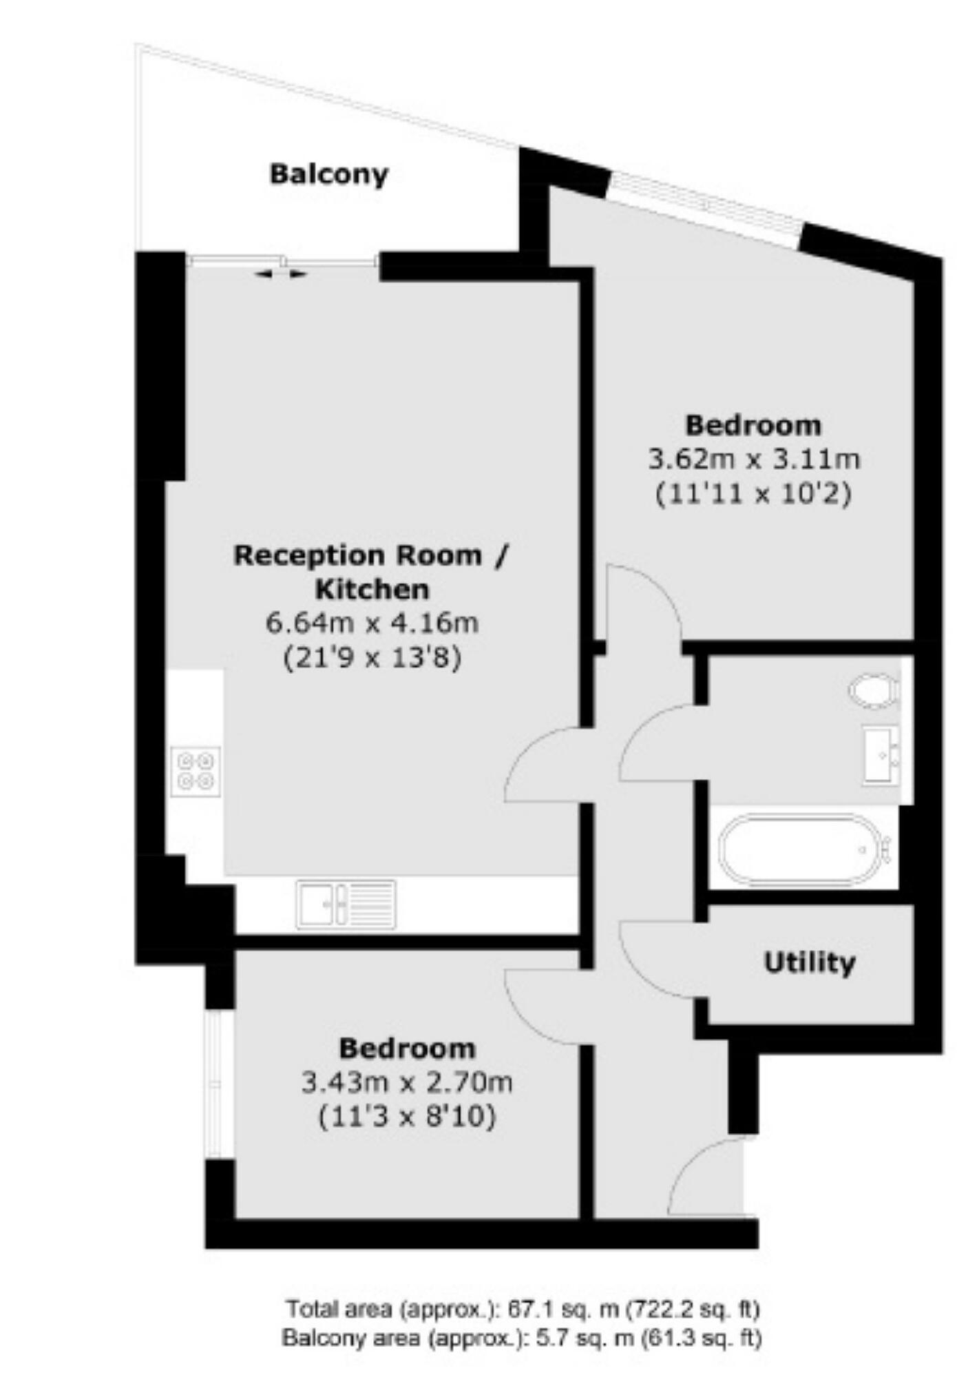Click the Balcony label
[x=328, y=174]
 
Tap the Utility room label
[x=810, y=962]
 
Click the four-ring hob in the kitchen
[x=196, y=772]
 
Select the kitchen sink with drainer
[x=346, y=904]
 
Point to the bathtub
[x=804, y=849]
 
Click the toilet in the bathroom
[x=874, y=690]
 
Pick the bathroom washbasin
[x=881, y=756]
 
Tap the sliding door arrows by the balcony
[x=281, y=274]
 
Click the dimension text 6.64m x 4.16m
[x=372, y=623]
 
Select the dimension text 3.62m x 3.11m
[x=754, y=459]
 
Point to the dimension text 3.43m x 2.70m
[x=407, y=1083]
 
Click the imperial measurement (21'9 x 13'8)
[x=372, y=659]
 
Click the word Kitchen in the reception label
[x=372, y=590]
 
